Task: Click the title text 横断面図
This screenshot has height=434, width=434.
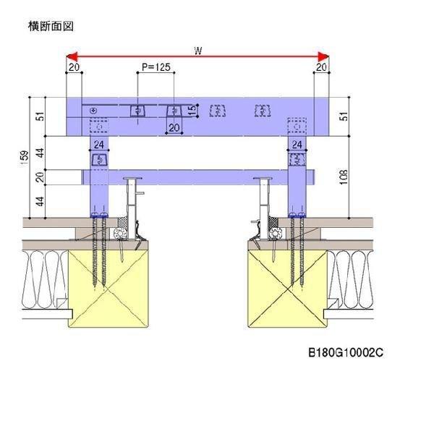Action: point(51,27)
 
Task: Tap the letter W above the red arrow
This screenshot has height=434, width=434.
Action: point(197,50)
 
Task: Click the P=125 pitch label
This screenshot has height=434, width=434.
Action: point(156,67)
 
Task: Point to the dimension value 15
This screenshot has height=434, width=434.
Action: point(191,110)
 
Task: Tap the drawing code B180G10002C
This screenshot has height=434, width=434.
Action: point(346,353)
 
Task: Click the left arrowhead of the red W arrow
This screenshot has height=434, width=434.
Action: point(70,56)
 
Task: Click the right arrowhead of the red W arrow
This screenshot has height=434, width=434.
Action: point(325,56)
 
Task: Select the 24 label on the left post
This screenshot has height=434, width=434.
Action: point(98,145)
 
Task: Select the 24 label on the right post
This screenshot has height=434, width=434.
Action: point(297,145)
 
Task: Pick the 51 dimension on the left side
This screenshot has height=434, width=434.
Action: point(40,116)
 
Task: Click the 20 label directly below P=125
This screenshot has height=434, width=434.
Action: point(174,128)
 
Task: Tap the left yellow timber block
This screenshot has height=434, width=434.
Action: point(104,289)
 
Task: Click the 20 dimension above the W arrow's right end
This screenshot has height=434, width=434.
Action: point(321,67)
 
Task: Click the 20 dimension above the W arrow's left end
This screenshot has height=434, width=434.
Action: point(74,67)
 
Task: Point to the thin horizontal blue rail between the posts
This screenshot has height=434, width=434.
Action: point(195,176)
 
